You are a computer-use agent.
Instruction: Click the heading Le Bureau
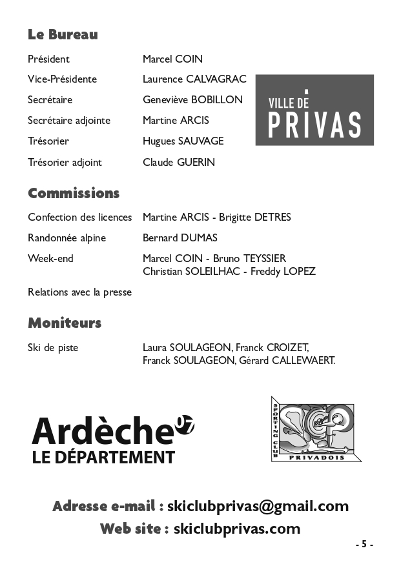[63, 35]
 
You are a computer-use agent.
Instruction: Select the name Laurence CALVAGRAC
[194, 79]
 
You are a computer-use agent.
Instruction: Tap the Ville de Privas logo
[314, 110]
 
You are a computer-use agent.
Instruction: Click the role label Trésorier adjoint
[65, 163]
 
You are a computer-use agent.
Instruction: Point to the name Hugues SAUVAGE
[183, 141]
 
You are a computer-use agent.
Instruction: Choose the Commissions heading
[74, 194]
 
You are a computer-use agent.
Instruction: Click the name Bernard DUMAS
[180, 238]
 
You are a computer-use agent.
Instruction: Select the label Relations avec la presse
[79, 292]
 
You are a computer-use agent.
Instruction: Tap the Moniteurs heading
[65, 323]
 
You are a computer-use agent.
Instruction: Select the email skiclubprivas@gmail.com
[258, 507]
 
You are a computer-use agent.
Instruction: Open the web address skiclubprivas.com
[237, 529]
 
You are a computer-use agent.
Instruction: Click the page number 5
[364, 544]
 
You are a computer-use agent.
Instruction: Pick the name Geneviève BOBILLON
[192, 100]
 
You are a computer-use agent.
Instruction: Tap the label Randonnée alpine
[67, 238]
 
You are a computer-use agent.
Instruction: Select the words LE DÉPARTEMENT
[103, 458]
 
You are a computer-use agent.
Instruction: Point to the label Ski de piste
[53, 348]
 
